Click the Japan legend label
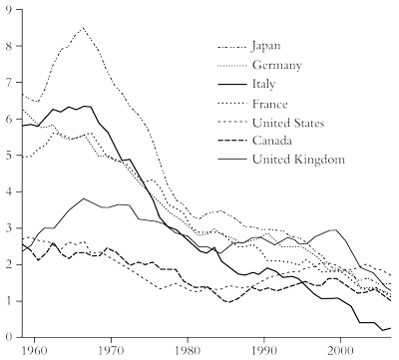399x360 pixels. pos(268,45)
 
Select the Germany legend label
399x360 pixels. pos(275,65)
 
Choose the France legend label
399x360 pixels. pos(270,104)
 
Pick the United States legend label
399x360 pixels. pos(289,123)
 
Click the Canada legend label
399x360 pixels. pos(272,142)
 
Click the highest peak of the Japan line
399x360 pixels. pos(83,28)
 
